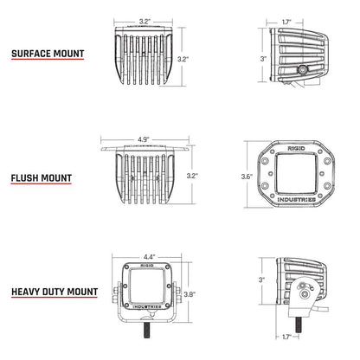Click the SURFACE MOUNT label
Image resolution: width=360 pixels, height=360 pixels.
point(48,53)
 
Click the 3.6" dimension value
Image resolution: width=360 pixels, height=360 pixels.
point(247,177)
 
